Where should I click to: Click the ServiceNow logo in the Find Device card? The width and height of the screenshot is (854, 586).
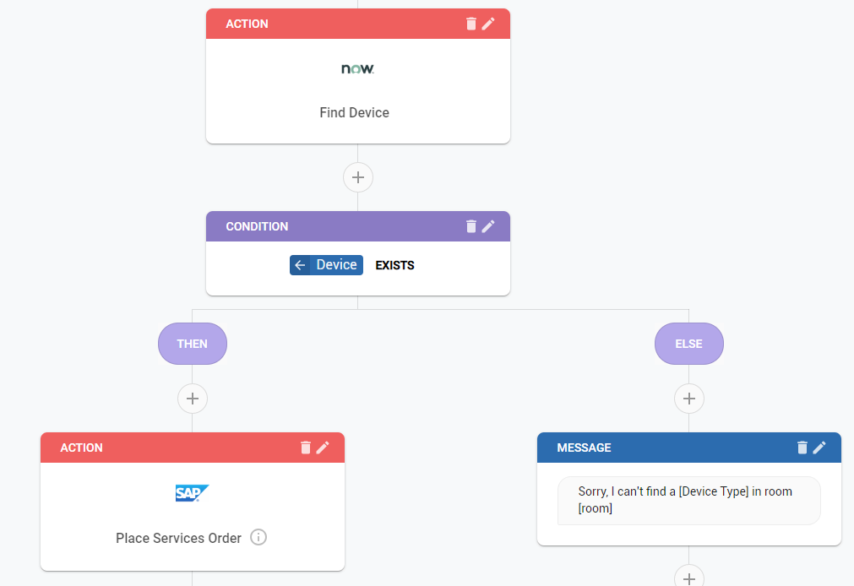pyautogui.click(x=357, y=68)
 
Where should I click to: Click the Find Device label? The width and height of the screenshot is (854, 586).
pyautogui.click(x=354, y=112)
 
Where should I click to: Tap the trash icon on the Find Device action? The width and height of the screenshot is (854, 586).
pyautogui.click(x=471, y=24)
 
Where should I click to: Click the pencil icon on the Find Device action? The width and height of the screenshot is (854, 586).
pyautogui.click(x=488, y=24)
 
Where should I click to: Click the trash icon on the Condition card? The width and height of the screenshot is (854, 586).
pyautogui.click(x=471, y=226)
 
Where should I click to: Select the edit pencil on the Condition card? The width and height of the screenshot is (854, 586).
pyautogui.click(x=488, y=226)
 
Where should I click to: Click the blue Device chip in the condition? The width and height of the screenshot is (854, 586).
pyautogui.click(x=326, y=265)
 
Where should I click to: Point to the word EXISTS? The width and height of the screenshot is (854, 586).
pyautogui.click(x=394, y=265)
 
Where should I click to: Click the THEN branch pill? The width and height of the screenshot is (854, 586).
pyautogui.click(x=193, y=344)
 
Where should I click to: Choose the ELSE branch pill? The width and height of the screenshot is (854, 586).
pyautogui.click(x=689, y=344)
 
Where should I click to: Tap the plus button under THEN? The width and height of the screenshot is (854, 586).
pyautogui.click(x=193, y=398)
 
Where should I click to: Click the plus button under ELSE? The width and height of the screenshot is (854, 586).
pyautogui.click(x=689, y=398)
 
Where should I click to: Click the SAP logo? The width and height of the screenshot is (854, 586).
pyautogui.click(x=192, y=493)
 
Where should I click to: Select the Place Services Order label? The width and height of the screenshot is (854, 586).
pyautogui.click(x=178, y=538)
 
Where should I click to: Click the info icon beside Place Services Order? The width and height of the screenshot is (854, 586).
pyautogui.click(x=258, y=537)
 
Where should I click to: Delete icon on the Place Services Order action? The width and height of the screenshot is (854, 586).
pyautogui.click(x=306, y=448)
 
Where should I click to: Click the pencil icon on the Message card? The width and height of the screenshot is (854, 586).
pyautogui.click(x=819, y=448)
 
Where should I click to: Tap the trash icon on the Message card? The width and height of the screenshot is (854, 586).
pyautogui.click(x=802, y=448)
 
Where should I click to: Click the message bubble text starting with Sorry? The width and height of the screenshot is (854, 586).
pyautogui.click(x=685, y=500)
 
